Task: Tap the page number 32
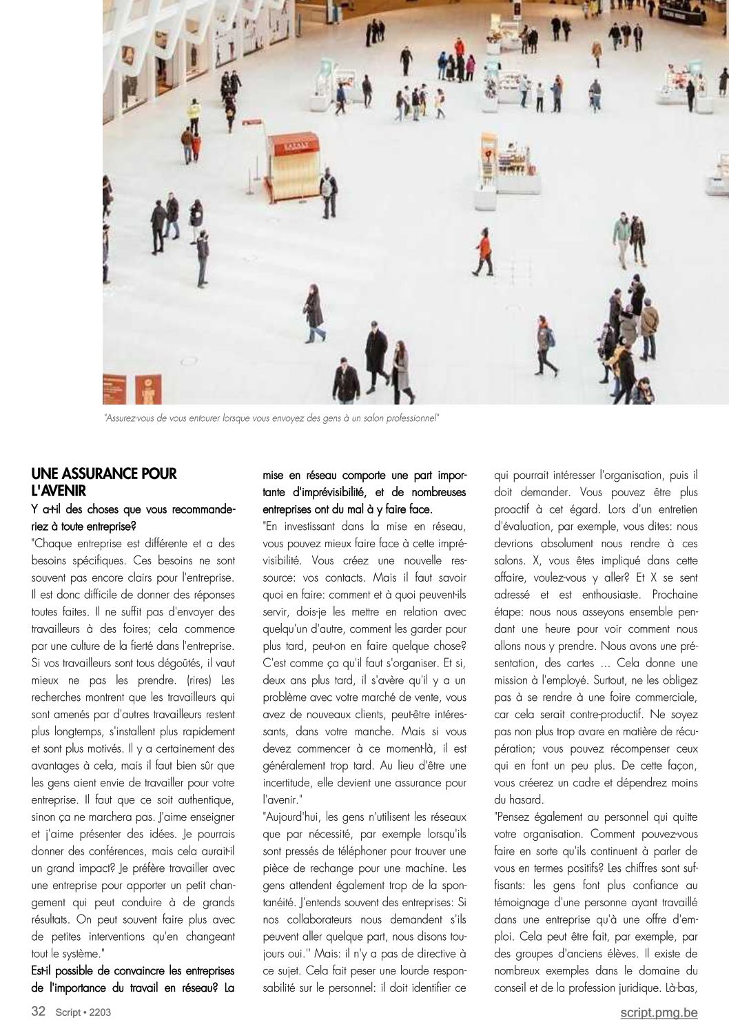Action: tap(39, 1011)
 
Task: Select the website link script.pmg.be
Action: tap(658, 1012)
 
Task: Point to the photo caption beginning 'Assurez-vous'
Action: tap(271, 418)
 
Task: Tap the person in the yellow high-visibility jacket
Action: tap(194, 114)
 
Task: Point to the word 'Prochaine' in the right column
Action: tap(675, 595)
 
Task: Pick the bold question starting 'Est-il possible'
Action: tap(133, 979)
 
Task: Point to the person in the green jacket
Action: tap(623, 236)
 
